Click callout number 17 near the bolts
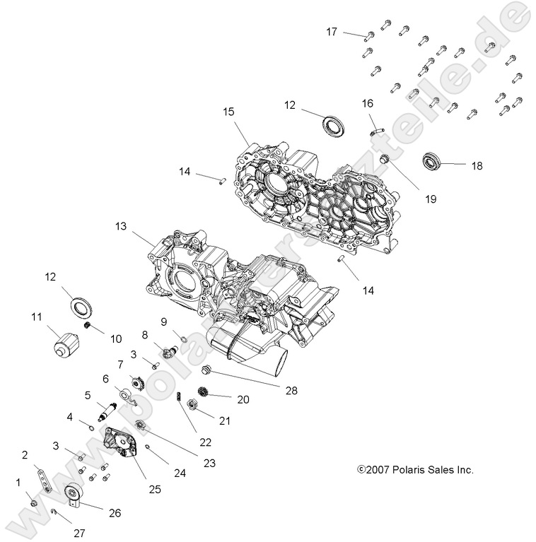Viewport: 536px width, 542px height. pos(332,32)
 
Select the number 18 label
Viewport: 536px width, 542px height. pos(477,165)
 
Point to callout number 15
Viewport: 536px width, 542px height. pos(228,112)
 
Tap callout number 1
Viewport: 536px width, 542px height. pos(18,482)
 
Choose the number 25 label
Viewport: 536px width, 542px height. pos(153,488)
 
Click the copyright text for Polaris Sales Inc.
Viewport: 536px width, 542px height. pos(415,469)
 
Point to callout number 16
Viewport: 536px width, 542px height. pos(368,104)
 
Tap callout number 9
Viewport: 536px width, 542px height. pos(163,322)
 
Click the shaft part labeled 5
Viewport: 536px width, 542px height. pos(111,408)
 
